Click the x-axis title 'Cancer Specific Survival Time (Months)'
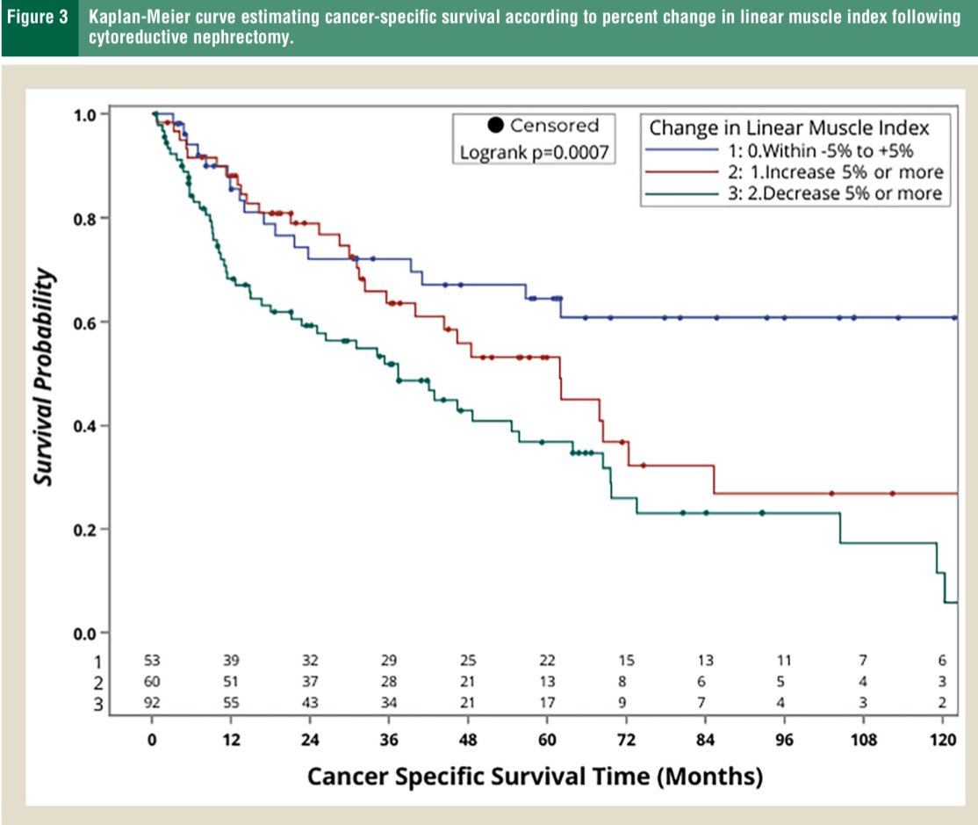pyautogui.click(x=535, y=777)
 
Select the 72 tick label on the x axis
pyautogui.click(x=626, y=739)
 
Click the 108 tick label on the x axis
pyautogui.click(x=864, y=739)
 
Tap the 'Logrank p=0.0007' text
pyautogui.click(x=533, y=152)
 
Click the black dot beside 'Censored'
pyautogui.click(x=494, y=126)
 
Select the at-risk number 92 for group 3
pyautogui.click(x=152, y=703)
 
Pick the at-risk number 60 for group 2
pyautogui.click(x=152, y=682)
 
